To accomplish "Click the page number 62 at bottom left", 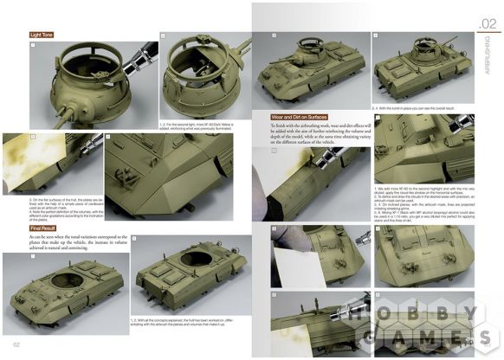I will click(x=17, y=346).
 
